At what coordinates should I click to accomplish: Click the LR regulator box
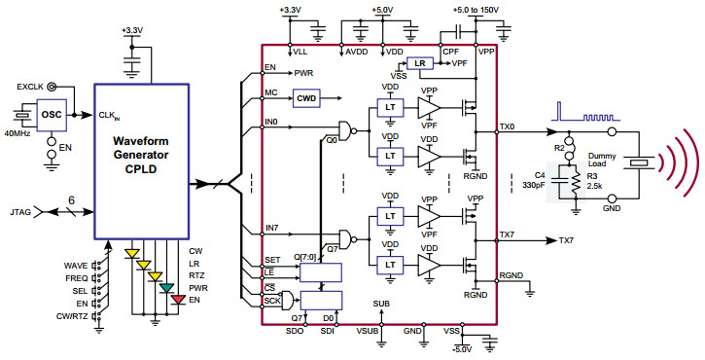pos(419,63)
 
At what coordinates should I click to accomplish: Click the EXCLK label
pos(31,87)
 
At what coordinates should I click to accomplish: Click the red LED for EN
pos(176,298)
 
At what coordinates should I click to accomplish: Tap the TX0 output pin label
pos(507,126)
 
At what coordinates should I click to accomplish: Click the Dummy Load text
pos(604,161)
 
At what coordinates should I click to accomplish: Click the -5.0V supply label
pos(462,348)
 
